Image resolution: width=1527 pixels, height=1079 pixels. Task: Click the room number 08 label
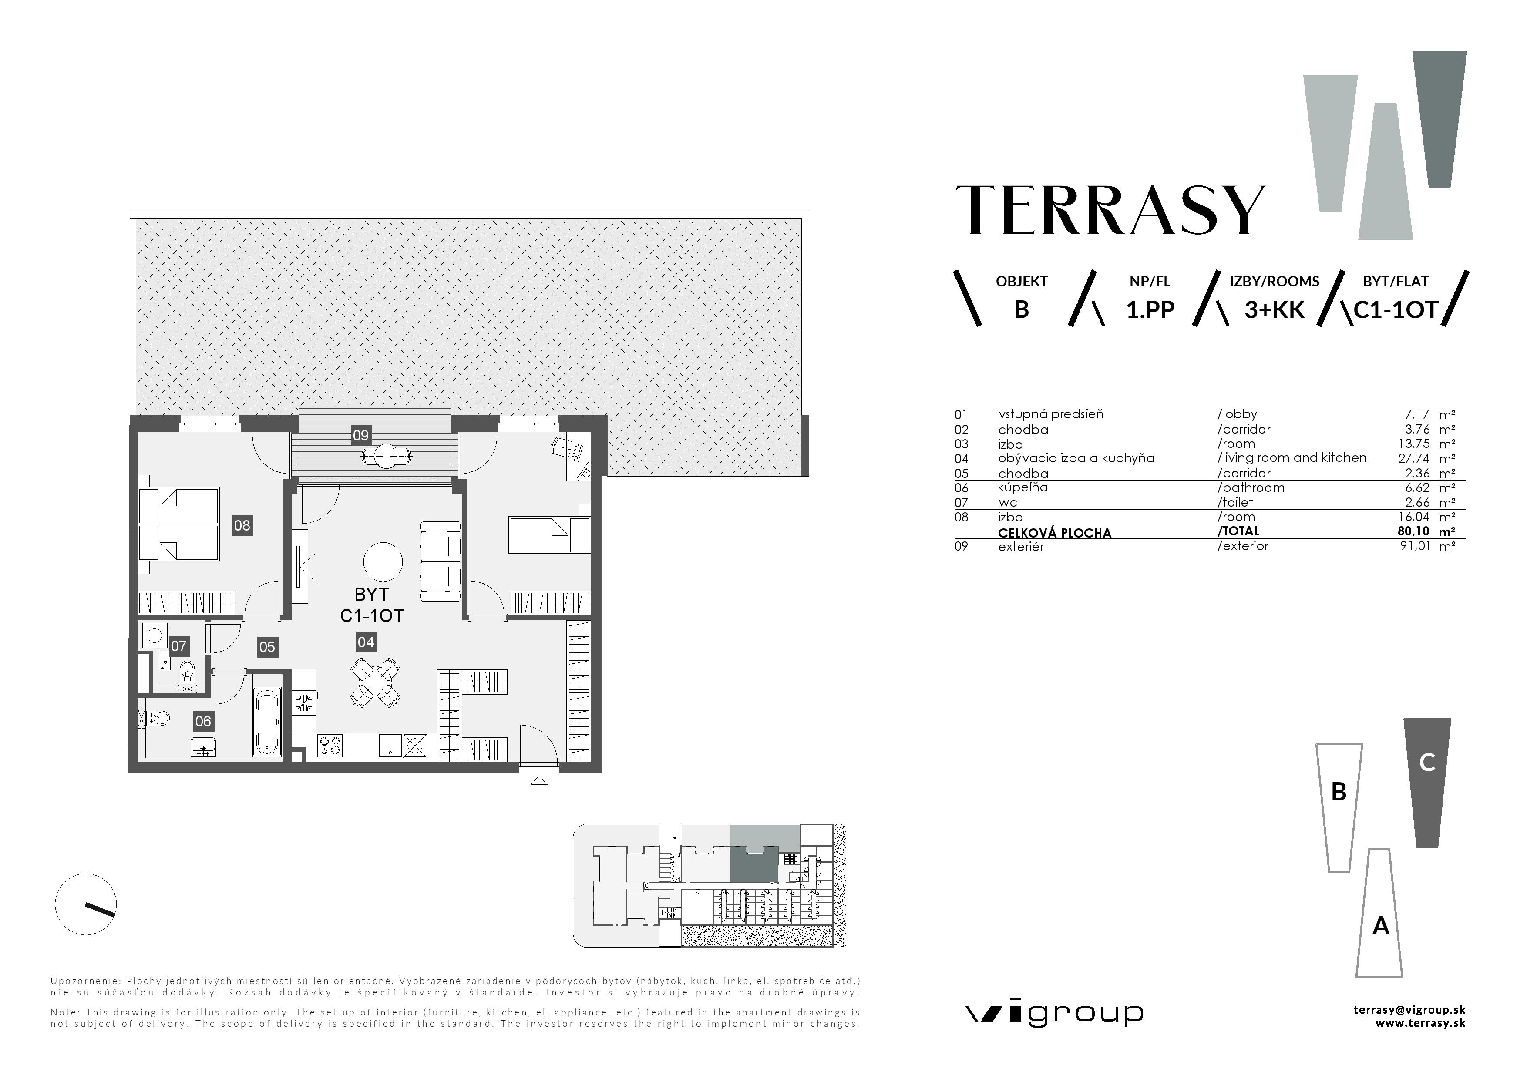point(242,526)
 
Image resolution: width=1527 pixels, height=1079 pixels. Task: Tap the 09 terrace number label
point(360,435)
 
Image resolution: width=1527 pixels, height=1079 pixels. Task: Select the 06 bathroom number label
point(203,721)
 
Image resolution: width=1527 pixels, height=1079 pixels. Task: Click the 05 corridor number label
point(267,647)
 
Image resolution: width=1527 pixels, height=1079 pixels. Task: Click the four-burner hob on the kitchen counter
point(330,745)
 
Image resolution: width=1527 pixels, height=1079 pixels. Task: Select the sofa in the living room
point(440,562)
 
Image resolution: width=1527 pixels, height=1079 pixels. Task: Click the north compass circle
point(86,904)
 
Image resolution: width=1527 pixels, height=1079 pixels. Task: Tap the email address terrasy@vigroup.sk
point(1409,1010)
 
